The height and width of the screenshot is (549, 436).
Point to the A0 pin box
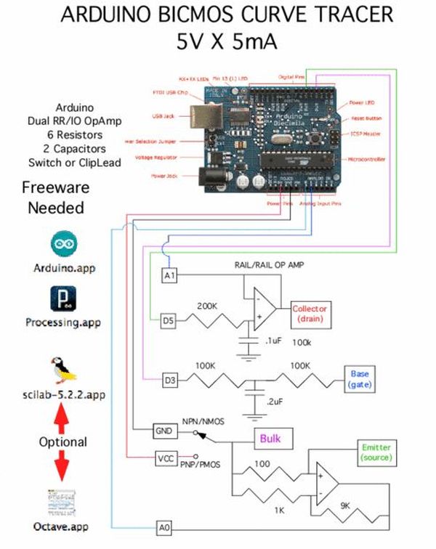pos(166,526)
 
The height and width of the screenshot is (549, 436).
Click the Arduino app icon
pos(62,243)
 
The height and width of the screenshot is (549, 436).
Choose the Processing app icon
pos(62,297)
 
